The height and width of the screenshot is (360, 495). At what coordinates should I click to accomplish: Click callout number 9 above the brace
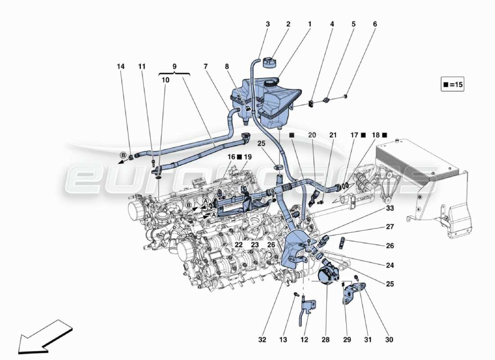click(174, 66)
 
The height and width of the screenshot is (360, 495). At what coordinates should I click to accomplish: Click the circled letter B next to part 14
click(122, 156)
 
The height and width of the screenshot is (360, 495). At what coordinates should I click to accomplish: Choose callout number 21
click(333, 135)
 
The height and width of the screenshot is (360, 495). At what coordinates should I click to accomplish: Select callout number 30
click(389, 340)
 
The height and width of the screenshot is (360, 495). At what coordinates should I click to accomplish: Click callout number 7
click(206, 66)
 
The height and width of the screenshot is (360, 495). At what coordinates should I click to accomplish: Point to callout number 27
click(389, 228)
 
